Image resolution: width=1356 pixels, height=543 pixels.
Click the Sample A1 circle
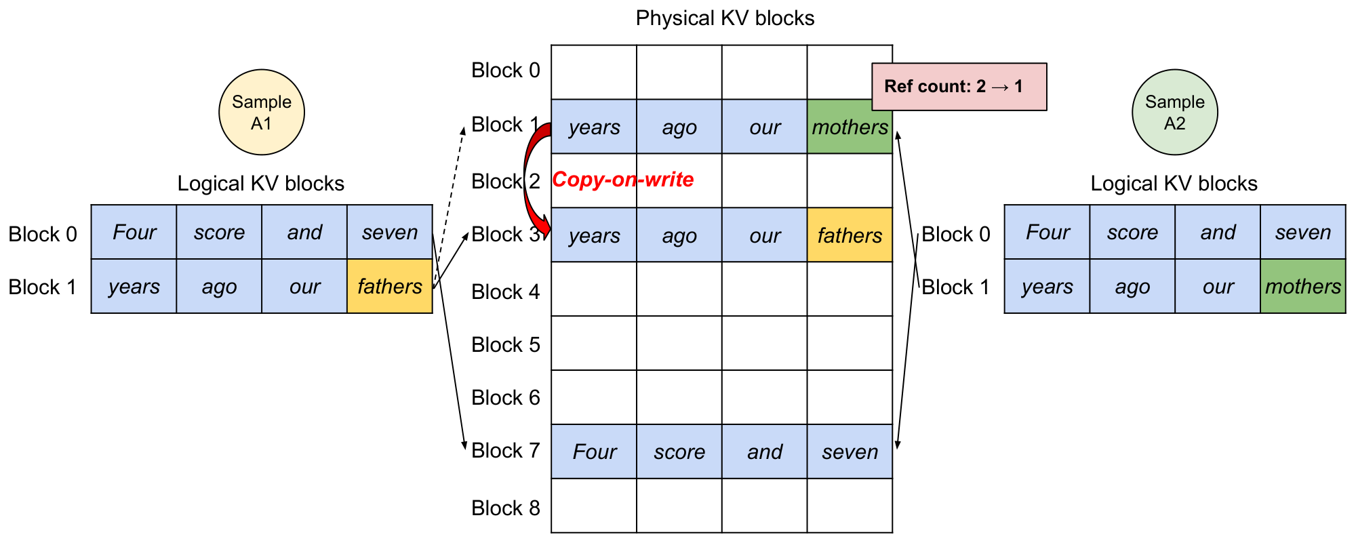[261, 113]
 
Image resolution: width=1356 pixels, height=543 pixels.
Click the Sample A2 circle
[1174, 113]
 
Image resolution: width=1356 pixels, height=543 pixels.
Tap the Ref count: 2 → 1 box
[959, 87]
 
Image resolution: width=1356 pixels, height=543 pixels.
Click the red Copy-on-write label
[622, 180]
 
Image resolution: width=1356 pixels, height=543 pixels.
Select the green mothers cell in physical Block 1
[850, 127]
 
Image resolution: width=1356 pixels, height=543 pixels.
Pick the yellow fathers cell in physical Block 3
[850, 235]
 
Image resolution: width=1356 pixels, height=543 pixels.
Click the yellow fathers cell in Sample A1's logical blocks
[390, 286]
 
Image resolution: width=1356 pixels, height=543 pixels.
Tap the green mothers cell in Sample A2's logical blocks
[1302, 286]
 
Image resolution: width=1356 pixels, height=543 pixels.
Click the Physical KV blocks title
[724, 18]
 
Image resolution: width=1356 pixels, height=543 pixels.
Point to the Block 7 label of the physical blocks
[505, 451]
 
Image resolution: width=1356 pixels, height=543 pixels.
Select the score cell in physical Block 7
[679, 451]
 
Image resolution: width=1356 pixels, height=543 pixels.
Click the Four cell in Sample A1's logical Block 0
[134, 233]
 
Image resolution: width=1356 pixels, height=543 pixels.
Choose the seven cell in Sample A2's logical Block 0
[1302, 233]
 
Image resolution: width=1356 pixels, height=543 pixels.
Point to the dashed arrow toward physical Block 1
[450, 197]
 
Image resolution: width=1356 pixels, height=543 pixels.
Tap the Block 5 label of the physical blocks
[505, 345]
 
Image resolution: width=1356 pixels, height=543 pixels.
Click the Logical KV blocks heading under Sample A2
[1174, 184]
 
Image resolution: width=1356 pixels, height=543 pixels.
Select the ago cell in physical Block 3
[679, 235]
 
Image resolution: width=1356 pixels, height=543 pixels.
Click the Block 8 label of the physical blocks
[505, 508]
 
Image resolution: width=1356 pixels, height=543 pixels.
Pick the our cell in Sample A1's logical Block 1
[304, 286]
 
